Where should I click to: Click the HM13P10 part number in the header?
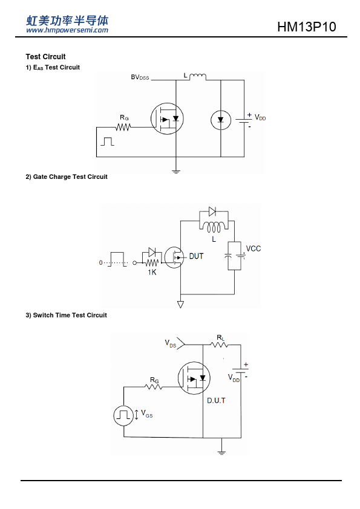click(x=306, y=27)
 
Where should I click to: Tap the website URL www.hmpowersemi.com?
click(x=67, y=30)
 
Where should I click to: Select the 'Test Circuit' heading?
click(x=45, y=57)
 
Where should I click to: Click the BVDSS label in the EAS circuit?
click(x=140, y=77)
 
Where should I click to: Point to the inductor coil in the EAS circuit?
click(x=197, y=77)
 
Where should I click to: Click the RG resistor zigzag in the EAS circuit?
click(x=123, y=127)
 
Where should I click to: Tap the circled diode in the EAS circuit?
click(x=221, y=120)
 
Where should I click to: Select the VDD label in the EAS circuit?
click(x=260, y=117)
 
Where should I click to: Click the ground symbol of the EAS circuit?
click(x=176, y=172)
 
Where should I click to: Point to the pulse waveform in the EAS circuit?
click(x=107, y=141)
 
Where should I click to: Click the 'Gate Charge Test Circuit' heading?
click(x=67, y=177)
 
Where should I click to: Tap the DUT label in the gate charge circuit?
click(x=196, y=256)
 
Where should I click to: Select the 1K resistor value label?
click(x=152, y=273)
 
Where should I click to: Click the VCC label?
click(x=254, y=248)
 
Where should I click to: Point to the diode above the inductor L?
click(x=212, y=212)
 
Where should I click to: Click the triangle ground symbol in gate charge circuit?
click(x=180, y=304)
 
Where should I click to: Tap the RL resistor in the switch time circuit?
click(x=220, y=345)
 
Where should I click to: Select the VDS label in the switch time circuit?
click(x=170, y=343)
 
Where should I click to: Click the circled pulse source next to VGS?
click(x=123, y=415)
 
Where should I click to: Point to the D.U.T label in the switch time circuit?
click(x=216, y=401)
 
